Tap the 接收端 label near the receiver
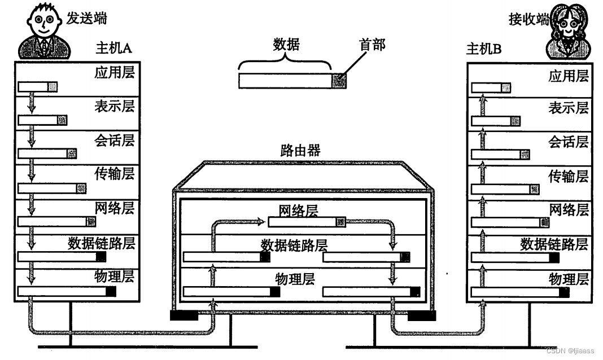point(528,20)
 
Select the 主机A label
point(113,49)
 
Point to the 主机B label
point(483,49)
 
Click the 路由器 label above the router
point(300,150)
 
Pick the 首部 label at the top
point(373,45)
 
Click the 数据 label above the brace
point(286,45)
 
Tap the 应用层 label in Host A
point(115,73)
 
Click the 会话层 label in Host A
point(115,140)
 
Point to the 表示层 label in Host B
point(568,107)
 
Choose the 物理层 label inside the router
point(294,279)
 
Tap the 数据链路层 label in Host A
point(102,243)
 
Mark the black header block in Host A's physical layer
point(111,291)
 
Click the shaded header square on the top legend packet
point(338,81)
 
